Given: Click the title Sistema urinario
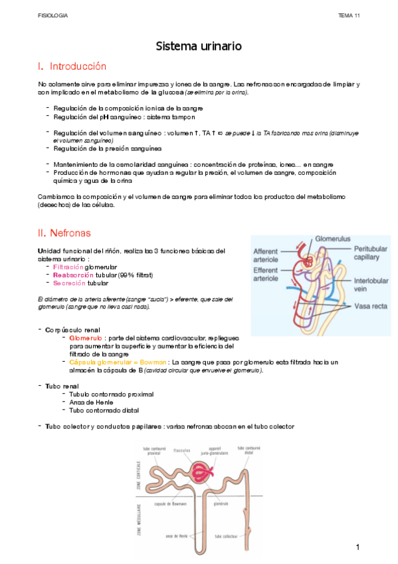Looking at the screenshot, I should click(x=199, y=46).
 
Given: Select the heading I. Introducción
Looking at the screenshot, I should click(x=72, y=67).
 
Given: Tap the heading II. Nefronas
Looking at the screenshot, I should click(x=64, y=233).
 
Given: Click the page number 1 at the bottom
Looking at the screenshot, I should click(x=357, y=547).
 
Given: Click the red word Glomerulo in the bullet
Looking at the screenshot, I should click(x=85, y=338).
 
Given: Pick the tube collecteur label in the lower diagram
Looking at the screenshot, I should click(x=227, y=536).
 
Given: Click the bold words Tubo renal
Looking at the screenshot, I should click(x=61, y=386).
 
